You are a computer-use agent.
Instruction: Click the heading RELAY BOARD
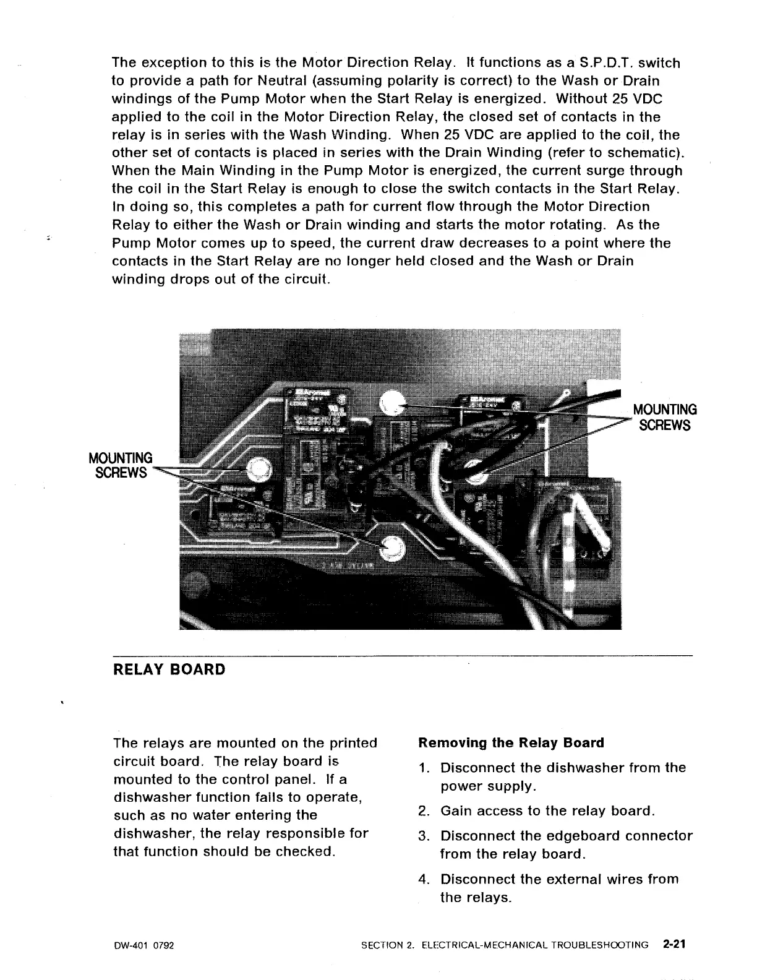169,670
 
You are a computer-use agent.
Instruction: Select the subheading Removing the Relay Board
511,742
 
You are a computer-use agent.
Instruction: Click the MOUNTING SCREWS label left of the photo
121,465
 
